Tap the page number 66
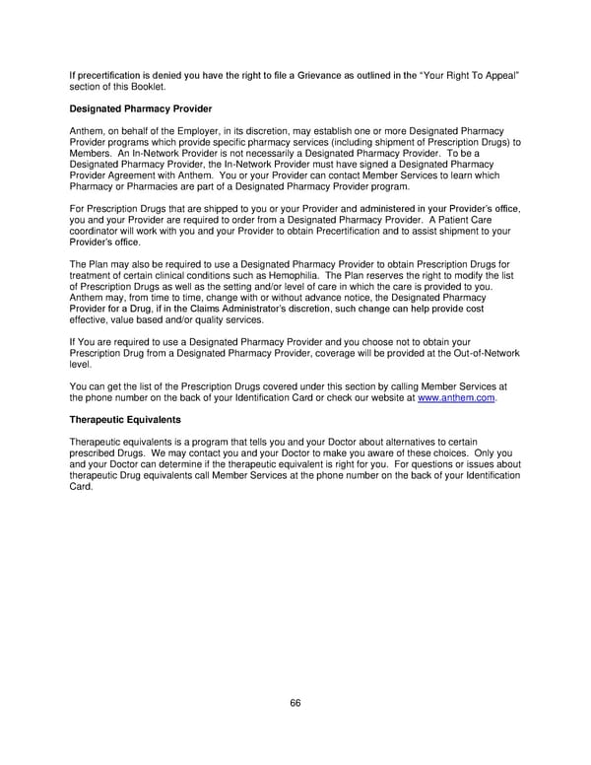[295, 702]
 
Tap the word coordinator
[97, 232]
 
